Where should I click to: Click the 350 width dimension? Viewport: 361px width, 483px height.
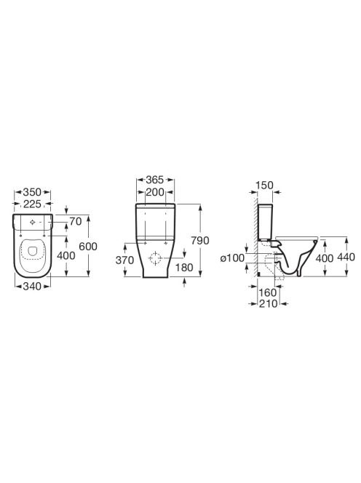click(32, 192)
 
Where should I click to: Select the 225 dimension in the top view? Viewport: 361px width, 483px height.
click(32, 204)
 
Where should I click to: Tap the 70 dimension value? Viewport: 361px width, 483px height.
click(76, 221)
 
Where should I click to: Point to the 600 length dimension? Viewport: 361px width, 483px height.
click(88, 246)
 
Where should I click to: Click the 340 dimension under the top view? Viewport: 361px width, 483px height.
click(32, 287)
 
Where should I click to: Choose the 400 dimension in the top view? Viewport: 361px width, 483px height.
click(66, 255)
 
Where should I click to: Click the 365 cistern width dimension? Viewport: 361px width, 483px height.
click(155, 180)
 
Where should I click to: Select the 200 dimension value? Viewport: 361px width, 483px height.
click(155, 192)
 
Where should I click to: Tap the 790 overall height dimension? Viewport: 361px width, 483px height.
click(200, 240)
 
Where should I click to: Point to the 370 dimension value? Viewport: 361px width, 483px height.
click(124, 260)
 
